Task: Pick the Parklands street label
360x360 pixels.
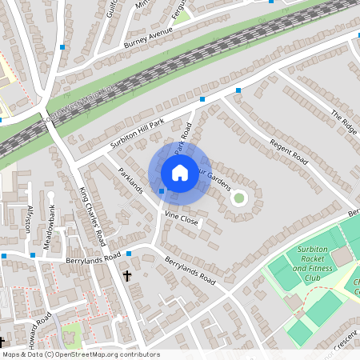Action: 130,181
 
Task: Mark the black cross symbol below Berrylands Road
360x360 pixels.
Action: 127,275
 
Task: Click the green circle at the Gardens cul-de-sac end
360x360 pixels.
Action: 238,198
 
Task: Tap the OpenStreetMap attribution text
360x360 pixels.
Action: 80,354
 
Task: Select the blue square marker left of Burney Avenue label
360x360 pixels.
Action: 62,47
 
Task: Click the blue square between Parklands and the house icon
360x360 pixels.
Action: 162,190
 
